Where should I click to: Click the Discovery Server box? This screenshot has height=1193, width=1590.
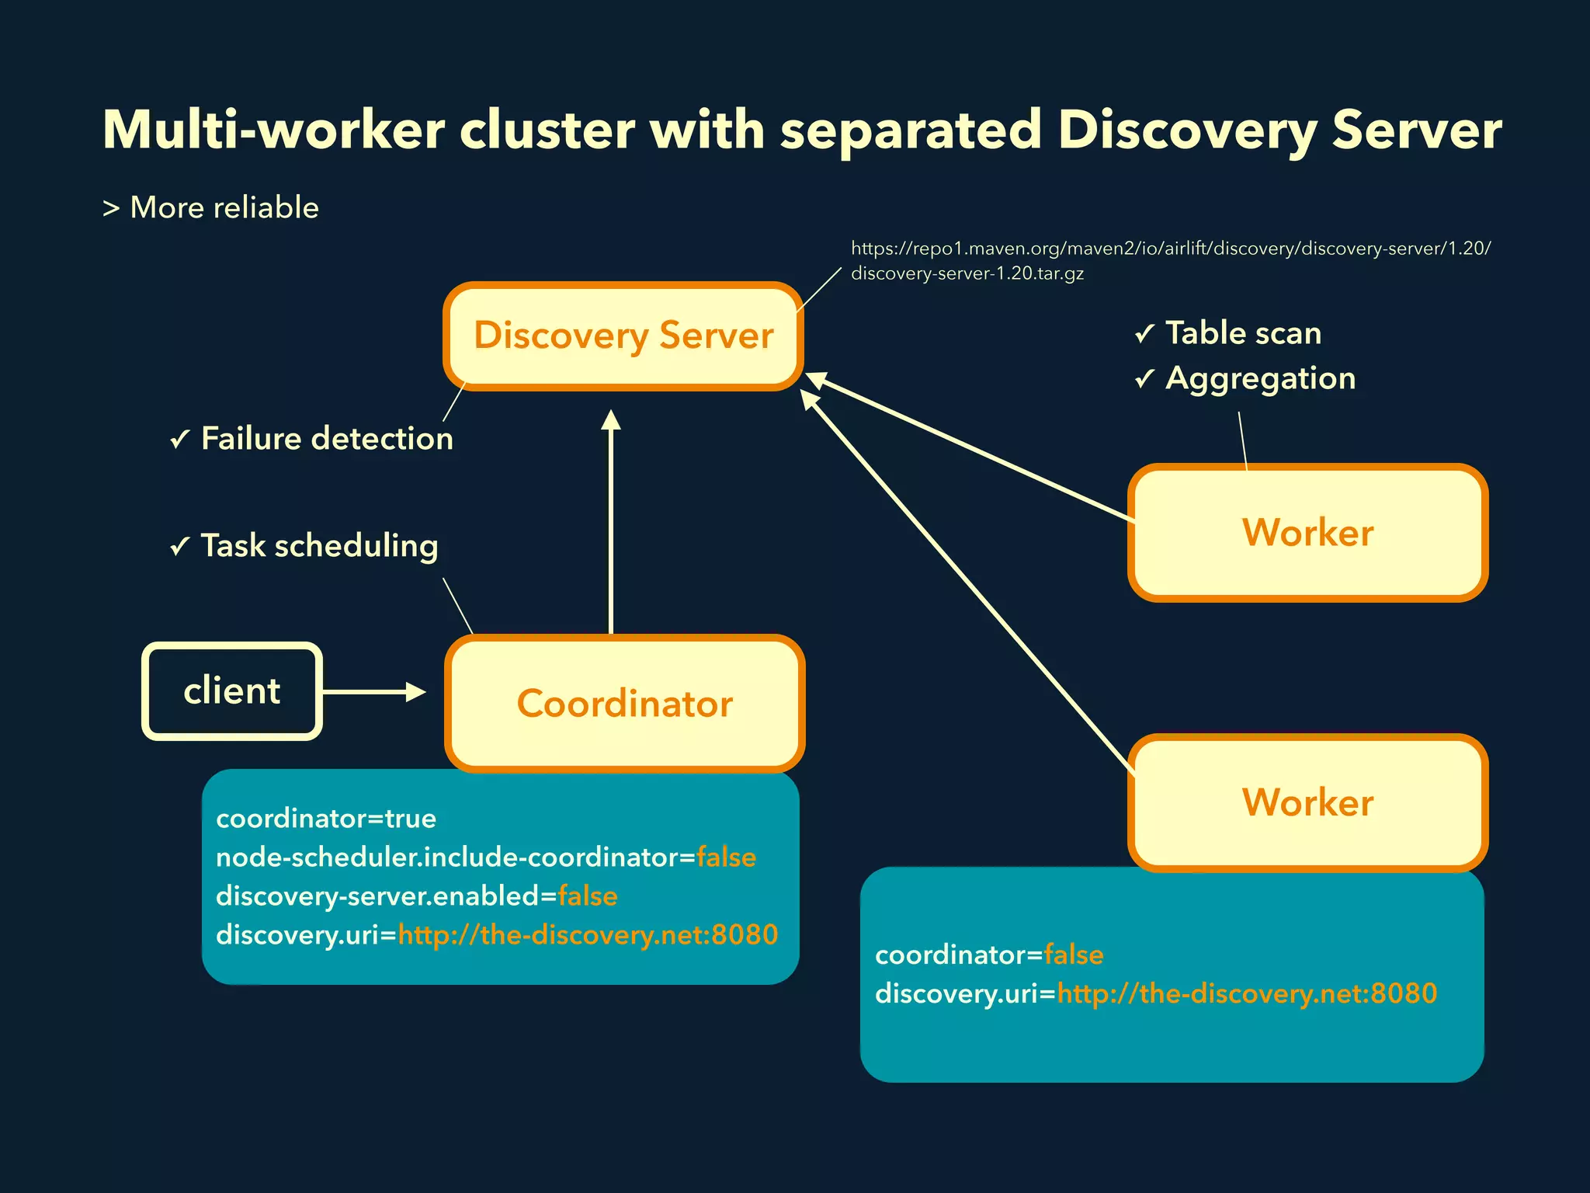(623, 336)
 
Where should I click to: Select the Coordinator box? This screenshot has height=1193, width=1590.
(624, 703)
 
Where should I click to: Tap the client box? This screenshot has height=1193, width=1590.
(231, 690)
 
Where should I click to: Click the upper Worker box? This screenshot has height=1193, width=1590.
(1307, 533)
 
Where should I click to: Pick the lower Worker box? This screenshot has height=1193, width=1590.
(1307, 802)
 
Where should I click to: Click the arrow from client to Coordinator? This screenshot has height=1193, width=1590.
(373, 691)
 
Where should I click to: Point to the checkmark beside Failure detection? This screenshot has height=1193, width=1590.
(180, 440)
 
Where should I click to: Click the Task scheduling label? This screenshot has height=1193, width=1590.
(319, 545)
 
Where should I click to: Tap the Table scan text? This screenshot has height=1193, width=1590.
(1243, 333)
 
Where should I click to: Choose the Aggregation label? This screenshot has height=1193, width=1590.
(1260, 378)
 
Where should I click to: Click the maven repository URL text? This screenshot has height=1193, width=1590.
(1170, 249)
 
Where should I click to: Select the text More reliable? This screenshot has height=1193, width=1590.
(224, 207)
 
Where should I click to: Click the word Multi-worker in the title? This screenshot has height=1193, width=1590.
(273, 130)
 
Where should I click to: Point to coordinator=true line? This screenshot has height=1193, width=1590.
(326, 818)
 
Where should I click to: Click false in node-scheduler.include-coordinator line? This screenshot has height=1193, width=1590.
(726, 857)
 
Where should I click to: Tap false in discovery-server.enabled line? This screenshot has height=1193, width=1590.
(588, 896)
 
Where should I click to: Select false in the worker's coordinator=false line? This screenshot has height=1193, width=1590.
(1074, 955)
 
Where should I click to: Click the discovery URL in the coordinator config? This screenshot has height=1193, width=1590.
(588, 934)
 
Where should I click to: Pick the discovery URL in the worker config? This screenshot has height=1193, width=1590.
(1247, 993)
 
